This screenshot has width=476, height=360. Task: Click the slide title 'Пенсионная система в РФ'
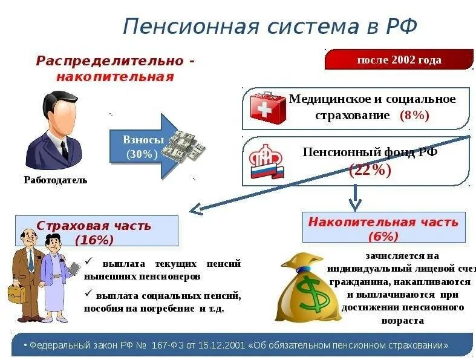270,27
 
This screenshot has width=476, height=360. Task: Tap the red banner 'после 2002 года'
399,60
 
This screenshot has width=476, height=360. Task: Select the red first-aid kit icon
267,108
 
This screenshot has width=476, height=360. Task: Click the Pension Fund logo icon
267,163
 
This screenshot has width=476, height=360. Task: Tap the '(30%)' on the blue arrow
142,154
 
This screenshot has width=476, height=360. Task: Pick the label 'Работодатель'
56,180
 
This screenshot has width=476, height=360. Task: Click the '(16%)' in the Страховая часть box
94,240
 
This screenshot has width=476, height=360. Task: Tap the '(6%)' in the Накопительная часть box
383,236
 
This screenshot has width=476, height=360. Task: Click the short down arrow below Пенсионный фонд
355,198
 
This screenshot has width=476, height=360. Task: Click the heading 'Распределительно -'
115,61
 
